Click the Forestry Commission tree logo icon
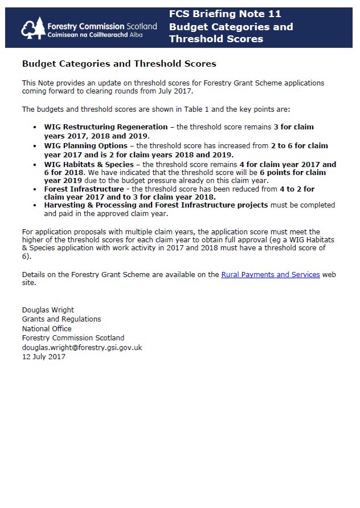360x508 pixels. tap(33, 28)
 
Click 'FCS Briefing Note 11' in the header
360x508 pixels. tap(225, 14)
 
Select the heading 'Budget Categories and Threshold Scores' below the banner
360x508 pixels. tap(119, 64)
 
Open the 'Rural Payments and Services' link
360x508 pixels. tap(271, 275)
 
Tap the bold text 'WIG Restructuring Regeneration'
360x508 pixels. tap(106, 127)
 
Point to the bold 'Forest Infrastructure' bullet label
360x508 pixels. tap(84, 189)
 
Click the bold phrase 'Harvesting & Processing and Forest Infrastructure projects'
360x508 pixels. tap(156, 205)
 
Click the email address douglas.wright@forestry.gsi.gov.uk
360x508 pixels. tap(82, 347)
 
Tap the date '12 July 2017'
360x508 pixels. tap(44, 357)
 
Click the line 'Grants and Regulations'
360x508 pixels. tap(62, 319)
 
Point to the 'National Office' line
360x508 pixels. tap(47, 328)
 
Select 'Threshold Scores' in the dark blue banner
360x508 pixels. tap(216, 39)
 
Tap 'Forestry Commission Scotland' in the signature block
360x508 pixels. tap(73, 338)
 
